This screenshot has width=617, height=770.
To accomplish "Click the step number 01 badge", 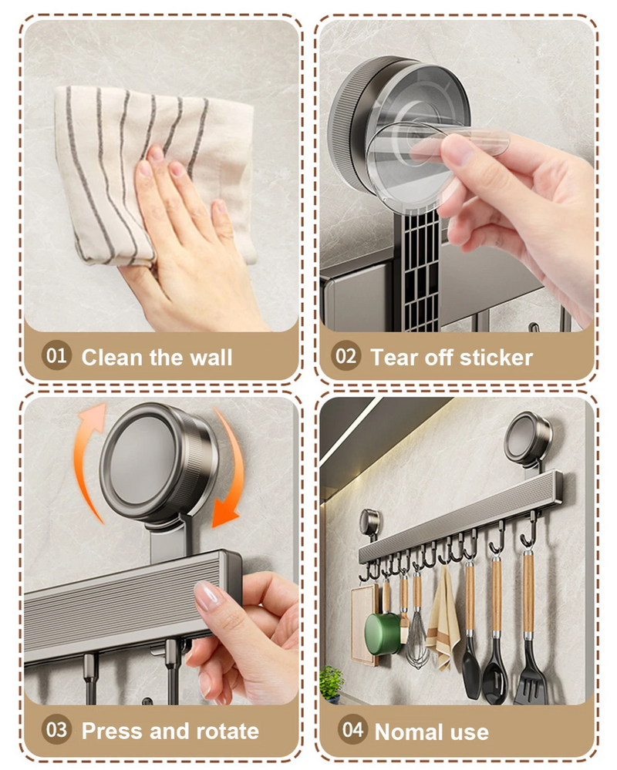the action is tap(56, 355).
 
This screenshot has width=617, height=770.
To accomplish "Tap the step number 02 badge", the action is tap(346, 355).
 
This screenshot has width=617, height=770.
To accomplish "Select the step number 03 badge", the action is tap(56, 729).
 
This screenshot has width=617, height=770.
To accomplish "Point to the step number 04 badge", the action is tap(352, 729).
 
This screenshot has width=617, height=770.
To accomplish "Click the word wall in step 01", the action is tap(211, 357).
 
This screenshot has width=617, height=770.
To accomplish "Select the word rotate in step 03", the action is tap(228, 731).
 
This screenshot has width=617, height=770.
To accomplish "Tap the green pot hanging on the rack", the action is tap(383, 634).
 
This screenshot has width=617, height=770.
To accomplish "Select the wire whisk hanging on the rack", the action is tap(417, 638).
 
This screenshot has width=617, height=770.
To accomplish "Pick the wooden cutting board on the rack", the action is tap(365, 624).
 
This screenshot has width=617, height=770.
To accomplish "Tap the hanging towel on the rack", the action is tap(443, 619).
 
